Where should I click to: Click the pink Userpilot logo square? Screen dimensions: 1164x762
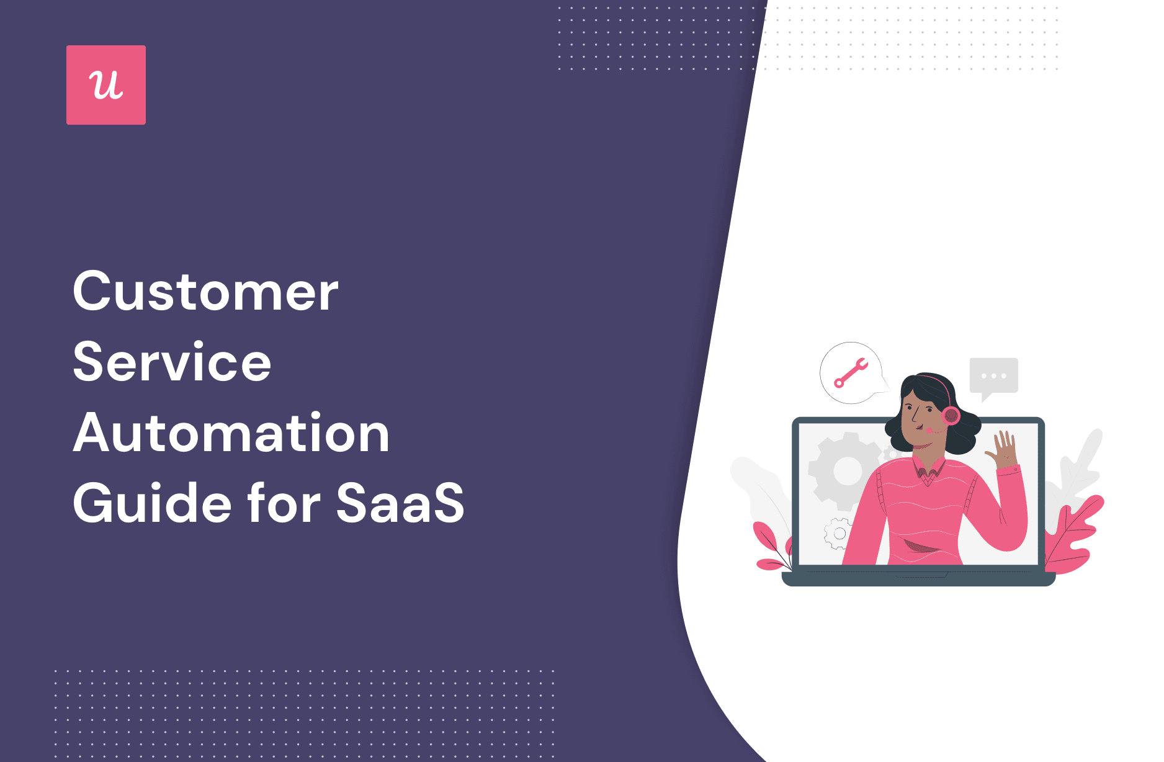point(106,85)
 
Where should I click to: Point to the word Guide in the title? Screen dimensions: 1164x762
point(153,502)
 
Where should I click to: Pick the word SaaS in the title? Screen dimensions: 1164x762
point(400,503)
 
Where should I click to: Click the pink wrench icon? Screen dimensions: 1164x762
point(851,373)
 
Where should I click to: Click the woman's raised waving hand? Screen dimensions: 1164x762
point(1000,449)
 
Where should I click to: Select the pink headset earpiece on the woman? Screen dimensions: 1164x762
point(951,415)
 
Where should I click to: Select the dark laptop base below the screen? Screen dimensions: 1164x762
point(918,578)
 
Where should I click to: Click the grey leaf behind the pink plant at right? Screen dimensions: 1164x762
point(1077,472)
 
